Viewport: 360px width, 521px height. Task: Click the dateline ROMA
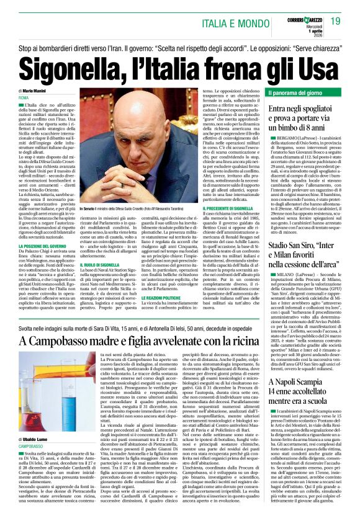coord(24,99)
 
